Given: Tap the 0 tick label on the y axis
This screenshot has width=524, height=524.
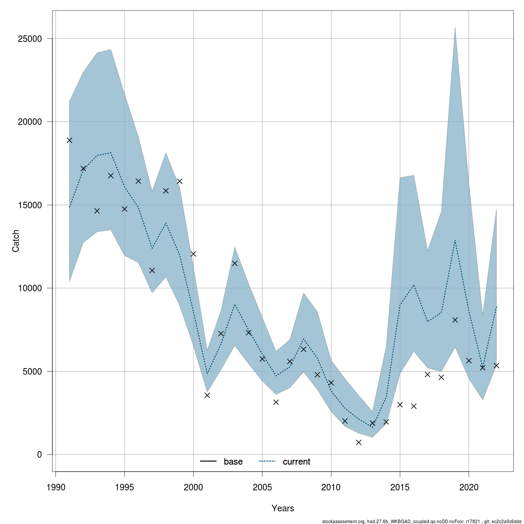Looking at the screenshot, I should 39,455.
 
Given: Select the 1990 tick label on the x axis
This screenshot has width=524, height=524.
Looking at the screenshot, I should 55,487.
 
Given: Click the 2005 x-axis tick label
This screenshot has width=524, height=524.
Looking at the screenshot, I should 262,487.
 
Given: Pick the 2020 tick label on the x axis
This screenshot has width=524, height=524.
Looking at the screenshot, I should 469,487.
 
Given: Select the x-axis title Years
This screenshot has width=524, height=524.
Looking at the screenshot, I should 283,508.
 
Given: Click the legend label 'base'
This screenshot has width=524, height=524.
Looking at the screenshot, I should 233,462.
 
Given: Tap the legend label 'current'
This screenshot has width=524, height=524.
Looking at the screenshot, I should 296,462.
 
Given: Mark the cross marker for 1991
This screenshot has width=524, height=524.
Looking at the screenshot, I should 69,140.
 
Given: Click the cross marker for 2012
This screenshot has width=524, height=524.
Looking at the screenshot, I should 359,442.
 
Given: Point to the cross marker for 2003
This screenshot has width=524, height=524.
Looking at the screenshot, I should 234,263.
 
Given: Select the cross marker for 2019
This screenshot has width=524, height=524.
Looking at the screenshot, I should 455,320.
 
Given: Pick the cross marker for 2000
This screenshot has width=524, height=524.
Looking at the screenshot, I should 193,254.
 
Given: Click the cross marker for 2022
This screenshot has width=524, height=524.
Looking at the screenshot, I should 496,365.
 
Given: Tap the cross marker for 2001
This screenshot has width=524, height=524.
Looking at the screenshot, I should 207,395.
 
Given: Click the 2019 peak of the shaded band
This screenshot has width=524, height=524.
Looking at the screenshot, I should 455,28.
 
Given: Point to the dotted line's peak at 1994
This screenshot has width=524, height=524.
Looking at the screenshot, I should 111,153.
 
